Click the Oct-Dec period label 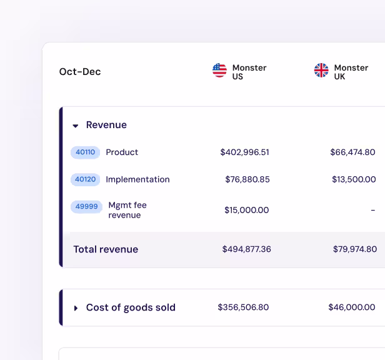[x=80, y=72]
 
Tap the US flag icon [x=219, y=71]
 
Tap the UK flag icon [x=321, y=71]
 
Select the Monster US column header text [x=249, y=72]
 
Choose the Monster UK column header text [x=351, y=72]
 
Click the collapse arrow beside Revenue [x=76, y=126]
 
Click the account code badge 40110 [x=85, y=152]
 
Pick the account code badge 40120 [x=85, y=179]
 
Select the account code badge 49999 [x=86, y=206]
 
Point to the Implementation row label [x=137, y=179]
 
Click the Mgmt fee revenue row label [x=127, y=210]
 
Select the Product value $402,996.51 [x=244, y=152]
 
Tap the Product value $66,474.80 [x=352, y=152]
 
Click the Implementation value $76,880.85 [x=247, y=179]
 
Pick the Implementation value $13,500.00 [x=353, y=179]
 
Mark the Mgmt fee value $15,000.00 [x=246, y=211]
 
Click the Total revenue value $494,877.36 [x=246, y=249]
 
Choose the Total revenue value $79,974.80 [x=354, y=249]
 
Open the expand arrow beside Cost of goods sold [x=76, y=308]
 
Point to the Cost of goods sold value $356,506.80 [x=243, y=307]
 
